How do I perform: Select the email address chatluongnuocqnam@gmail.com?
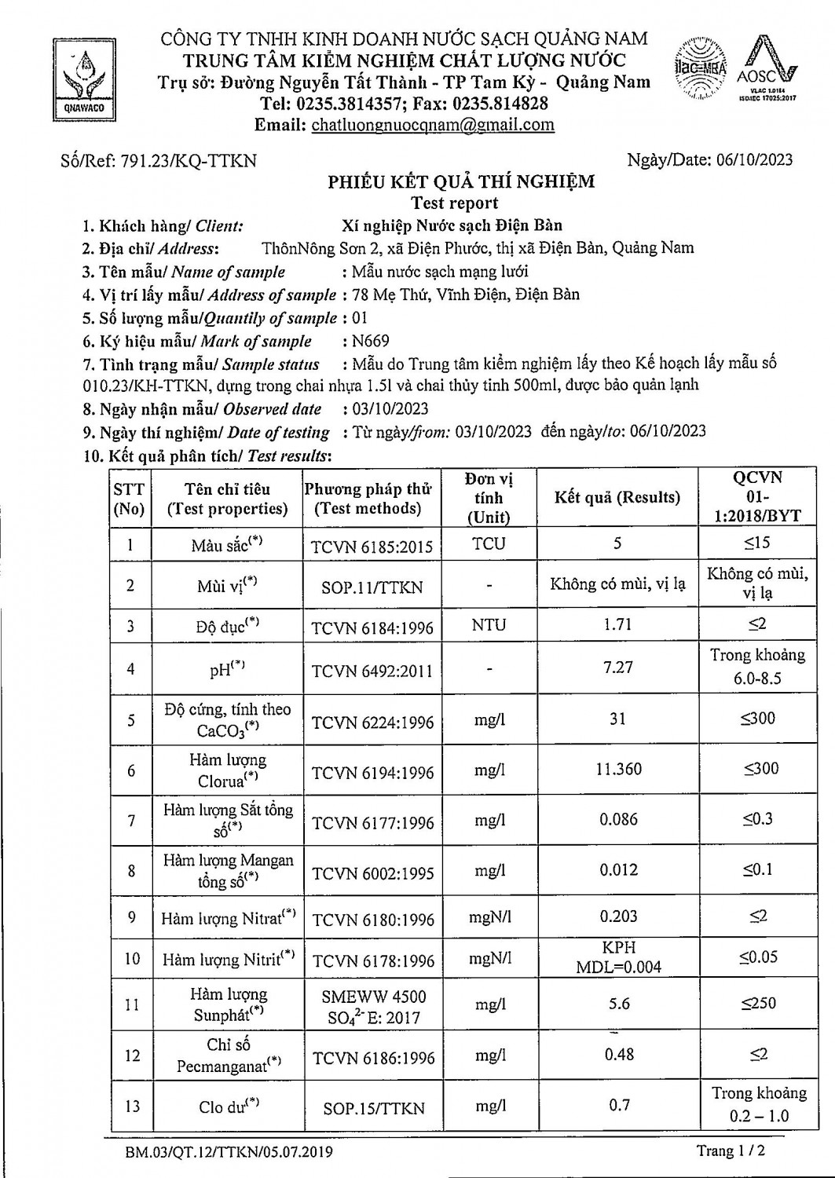[x=433, y=125]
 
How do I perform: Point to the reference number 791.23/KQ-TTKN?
[x=187, y=161]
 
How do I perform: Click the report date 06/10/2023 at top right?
[x=754, y=160]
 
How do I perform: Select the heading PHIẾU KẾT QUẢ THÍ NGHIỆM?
[x=461, y=182]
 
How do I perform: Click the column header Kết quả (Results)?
[x=617, y=497]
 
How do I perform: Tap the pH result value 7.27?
[x=618, y=668]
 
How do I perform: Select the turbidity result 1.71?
[x=618, y=625]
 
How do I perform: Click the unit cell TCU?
[x=489, y=543]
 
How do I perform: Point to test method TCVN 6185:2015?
[x=372, y=546]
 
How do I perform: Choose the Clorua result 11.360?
[x=618, y=769]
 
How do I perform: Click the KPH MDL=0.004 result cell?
[x=618, y=957]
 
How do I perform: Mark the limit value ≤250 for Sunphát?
[x=757, y=1003]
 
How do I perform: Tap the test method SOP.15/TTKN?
[x=373, y=1108]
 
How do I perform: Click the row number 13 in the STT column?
[x=130, y=1106]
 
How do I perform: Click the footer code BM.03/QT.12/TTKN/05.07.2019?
[x=229, y=1152]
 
